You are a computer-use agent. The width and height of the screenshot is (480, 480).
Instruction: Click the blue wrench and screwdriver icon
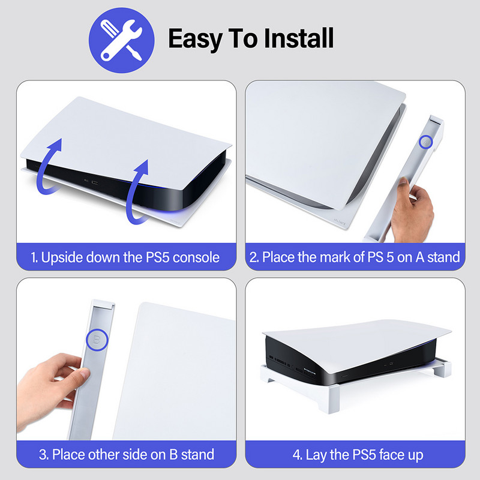pos(122,40)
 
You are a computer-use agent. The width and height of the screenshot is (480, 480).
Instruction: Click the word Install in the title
pos(299,38)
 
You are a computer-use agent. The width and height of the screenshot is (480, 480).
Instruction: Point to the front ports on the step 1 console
pos(91,182)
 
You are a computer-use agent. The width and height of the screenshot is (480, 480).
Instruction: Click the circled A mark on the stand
pos(425,142)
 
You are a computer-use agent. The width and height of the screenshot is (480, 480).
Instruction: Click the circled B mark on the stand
pos(97,340)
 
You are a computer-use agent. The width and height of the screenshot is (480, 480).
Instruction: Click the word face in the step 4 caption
pos(392,455)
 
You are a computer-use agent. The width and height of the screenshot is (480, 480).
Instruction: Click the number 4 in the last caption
pos(296,455)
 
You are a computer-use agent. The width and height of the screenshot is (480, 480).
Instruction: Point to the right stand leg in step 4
pos(443,370)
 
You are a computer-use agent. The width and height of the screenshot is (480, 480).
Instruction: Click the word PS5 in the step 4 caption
pos(364,455)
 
